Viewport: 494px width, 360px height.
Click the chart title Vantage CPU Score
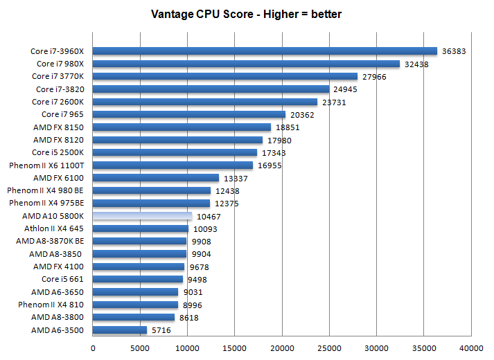click(x=247, y=14)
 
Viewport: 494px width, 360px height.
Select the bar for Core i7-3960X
click(x=265, y=51)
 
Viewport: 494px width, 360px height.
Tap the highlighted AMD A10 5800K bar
click(x=142, y=216)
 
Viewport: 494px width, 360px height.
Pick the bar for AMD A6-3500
click(x=120, y=330)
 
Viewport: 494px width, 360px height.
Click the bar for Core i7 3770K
click(x=225, y=76)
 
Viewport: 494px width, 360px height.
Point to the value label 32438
click(x=418, y=64)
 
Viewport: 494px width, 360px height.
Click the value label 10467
click(x=210, y=217)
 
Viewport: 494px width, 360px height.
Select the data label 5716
click(x=162, y=331)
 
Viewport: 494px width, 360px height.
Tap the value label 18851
click(x=288, y=127)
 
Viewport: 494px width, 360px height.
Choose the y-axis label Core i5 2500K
click(x=58, y=152)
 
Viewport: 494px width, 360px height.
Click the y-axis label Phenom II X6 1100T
click(x=46, y=165)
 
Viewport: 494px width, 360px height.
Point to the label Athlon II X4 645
click(x=54, y=228)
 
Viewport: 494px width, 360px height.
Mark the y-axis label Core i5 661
click(x=63, y=279)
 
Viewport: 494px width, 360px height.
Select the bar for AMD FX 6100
click(x=156, y=178)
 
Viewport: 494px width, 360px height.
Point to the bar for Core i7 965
click(x=189, y=114)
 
